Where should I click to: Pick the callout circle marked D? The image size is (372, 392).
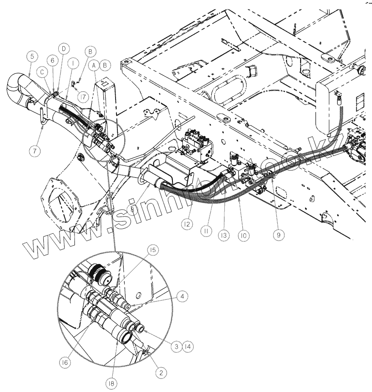point(64,48)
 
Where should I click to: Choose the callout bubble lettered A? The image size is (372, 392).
point(94,65)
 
